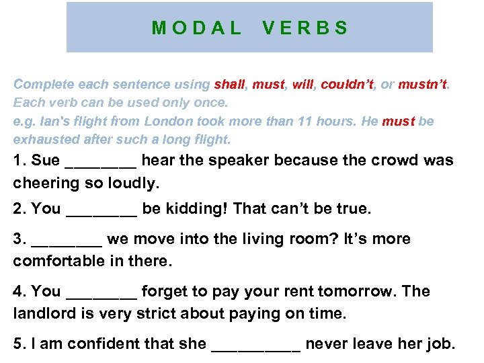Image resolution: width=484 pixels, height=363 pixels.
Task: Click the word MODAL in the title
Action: coord(196,28)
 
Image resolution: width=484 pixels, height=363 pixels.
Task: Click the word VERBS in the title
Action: coord(305,28)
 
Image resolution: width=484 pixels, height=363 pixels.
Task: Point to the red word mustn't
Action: coord(423,85)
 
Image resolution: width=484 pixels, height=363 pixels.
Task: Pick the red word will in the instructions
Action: coord(302,85)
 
